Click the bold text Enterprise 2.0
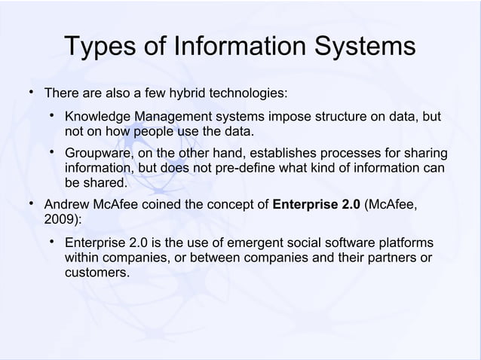pos(316,204)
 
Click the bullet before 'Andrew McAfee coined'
pos(30,203)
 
